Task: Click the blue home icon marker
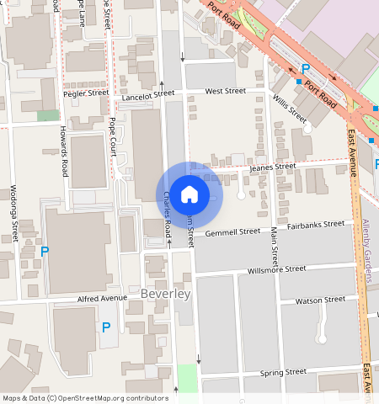pyautogui.click(x=189, y=194)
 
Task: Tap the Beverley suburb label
pyautogui.click(x=166, y=294)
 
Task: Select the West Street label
pyautogui.click(x=225, y=90)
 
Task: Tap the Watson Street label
pyautogui.click(x=320, y=299)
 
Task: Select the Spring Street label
pyautogui.click(x=282, y=371)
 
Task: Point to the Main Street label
pyautogui.click(x=274, y=248)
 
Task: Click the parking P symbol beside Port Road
pyautogui.click(x=306, y=69)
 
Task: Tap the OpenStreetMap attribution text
pyautogui.click(x=85, y=398)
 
